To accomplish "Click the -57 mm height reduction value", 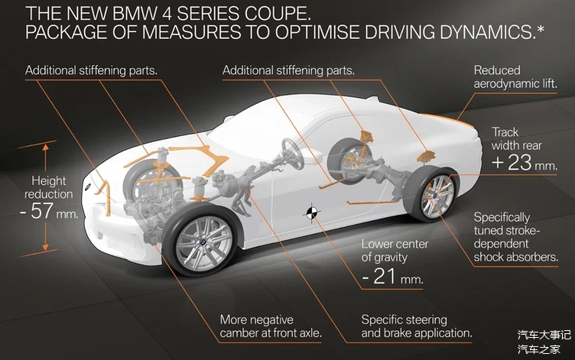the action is click(x=49, y=211).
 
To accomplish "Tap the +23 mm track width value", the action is click(x=524, y=162).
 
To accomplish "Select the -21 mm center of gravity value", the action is click(x=392, y=277).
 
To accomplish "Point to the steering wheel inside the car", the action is click(x=293, y=154).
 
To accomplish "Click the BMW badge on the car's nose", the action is click(x=88, y=187).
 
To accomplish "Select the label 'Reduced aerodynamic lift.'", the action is click(x=515, y=77).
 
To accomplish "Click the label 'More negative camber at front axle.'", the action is click(x=271, y=326).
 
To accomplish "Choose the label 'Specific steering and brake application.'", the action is click(x=417, y=326).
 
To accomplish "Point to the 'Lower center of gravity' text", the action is click(x=395, y=251).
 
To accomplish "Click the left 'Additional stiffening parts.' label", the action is click(x=91, y=70).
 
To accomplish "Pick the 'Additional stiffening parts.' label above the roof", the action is click(x=288, y=70).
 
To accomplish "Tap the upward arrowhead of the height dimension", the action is click(x=45, y=148).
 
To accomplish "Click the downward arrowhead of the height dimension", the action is click(x=45, y=247).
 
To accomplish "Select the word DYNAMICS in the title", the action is click(x=492, y=32).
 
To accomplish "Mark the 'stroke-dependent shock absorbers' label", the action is click(x=515, y=238).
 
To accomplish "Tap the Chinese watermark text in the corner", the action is click(x=544, y=342).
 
